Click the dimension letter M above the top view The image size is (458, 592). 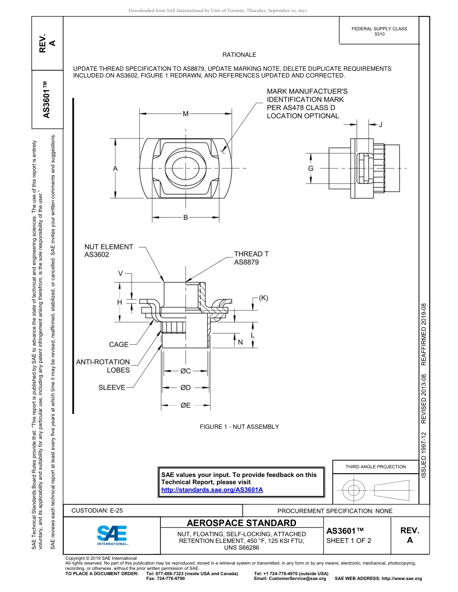186,114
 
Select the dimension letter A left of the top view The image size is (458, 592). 115,168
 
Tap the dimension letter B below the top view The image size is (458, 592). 185,218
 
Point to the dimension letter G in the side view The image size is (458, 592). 310,168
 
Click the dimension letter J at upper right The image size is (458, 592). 380,125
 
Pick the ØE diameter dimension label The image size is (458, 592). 186,405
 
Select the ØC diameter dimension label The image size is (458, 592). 186,371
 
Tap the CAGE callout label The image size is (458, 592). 119,345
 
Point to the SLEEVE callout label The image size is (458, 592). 112,387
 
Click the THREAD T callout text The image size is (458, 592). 251,254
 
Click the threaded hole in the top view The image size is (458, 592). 186,168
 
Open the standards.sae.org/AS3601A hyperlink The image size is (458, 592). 212,489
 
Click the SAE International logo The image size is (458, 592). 112,535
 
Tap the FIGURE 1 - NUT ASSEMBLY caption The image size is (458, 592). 239,427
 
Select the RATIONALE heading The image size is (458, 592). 239,55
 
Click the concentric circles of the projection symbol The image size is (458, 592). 354,490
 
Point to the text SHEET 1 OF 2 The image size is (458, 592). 349,540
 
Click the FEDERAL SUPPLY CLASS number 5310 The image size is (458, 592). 379,35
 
